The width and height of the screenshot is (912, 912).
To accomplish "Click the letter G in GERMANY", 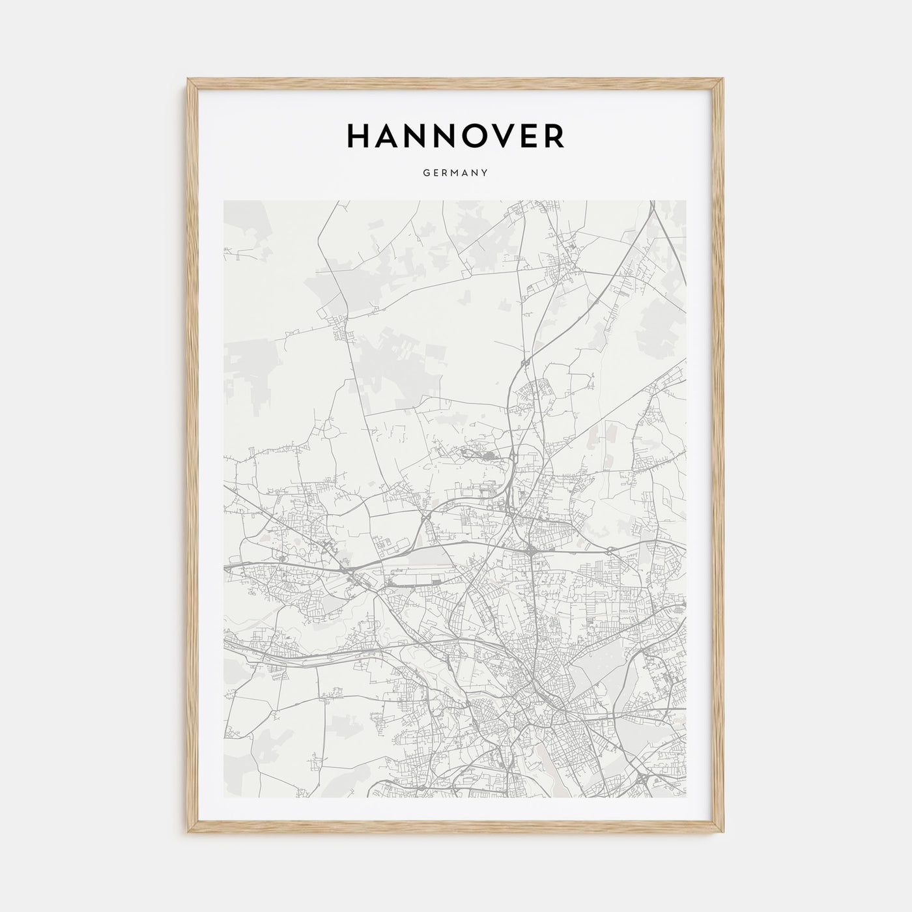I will [425, 173].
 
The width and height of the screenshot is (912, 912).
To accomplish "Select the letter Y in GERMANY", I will [485, 173].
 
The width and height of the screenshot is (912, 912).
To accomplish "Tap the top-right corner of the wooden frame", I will [725, 79].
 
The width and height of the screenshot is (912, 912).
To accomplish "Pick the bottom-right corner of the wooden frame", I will [725, 834].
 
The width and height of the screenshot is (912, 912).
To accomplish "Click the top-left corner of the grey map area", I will [223, 201].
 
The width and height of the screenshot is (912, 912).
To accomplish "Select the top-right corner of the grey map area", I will [687, 201].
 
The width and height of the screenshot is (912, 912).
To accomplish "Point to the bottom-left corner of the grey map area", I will [223, 797].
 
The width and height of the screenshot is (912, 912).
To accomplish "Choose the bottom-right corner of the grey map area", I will [687, 797].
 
